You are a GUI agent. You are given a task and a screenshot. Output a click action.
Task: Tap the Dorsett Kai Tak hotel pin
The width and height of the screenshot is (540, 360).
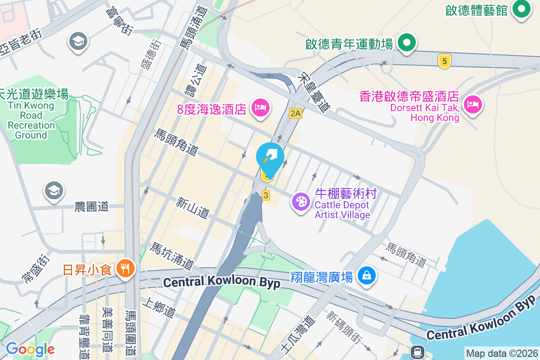472,105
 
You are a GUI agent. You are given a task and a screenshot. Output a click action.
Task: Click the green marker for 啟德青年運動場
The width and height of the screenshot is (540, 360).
407,44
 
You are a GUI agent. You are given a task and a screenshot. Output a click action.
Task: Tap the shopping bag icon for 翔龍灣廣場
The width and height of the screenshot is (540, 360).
367,275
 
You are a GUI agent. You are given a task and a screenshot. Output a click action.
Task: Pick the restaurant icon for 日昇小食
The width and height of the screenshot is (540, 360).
125,269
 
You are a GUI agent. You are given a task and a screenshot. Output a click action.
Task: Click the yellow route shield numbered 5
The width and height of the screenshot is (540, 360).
444,61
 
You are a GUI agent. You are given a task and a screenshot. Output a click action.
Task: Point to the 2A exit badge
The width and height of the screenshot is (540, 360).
295,113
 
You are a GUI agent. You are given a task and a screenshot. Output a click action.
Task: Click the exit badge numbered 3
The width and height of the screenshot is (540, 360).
266,195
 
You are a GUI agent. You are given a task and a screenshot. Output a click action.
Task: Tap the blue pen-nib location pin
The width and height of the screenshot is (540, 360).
270,158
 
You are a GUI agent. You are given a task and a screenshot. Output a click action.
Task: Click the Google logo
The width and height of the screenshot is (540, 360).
30,349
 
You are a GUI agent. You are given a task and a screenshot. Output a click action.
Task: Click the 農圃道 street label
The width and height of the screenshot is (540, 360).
92,207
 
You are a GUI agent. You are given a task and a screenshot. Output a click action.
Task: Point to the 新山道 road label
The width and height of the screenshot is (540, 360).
193,207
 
